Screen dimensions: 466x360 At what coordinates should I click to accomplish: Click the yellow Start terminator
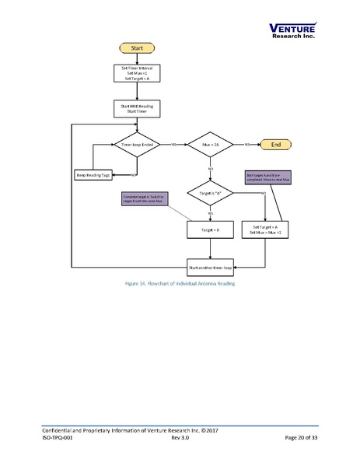pos(136,48)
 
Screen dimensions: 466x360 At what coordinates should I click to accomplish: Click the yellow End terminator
pos(277,145)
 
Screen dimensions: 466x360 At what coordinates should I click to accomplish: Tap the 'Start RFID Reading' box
pos(136,108)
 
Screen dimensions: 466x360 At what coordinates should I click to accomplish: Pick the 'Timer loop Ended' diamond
pos(136,145)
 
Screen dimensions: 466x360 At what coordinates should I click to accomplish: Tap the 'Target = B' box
pos(211,229)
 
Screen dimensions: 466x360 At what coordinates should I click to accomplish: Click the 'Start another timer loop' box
pos(211,267)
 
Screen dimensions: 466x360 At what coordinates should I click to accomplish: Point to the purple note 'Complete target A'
pos(145,199)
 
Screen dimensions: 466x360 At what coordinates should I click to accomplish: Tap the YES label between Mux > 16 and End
pos(247,145)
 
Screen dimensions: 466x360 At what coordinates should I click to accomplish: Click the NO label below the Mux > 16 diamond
pos(211,168)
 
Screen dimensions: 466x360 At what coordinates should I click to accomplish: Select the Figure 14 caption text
pos(180,284)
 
